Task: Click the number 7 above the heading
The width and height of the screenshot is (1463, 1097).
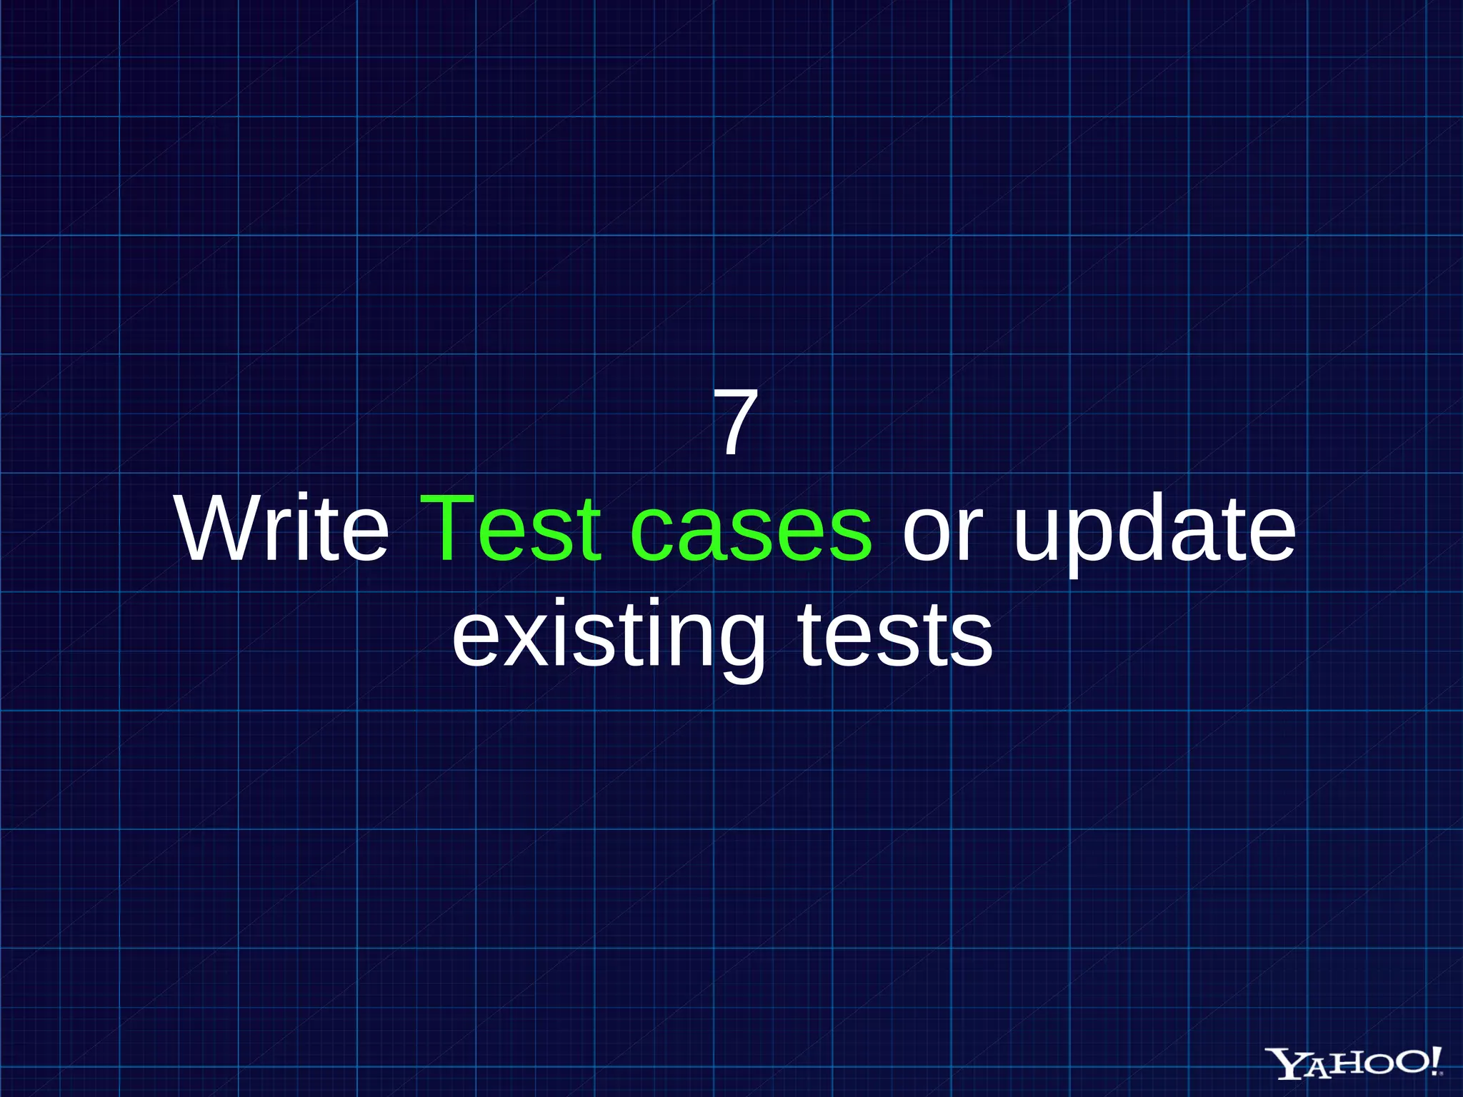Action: point(735,422)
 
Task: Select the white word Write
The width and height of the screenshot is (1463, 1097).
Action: point(283,529)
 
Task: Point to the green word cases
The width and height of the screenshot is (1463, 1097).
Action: point(751,532)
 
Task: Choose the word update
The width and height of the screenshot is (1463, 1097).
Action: point(1154,532)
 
